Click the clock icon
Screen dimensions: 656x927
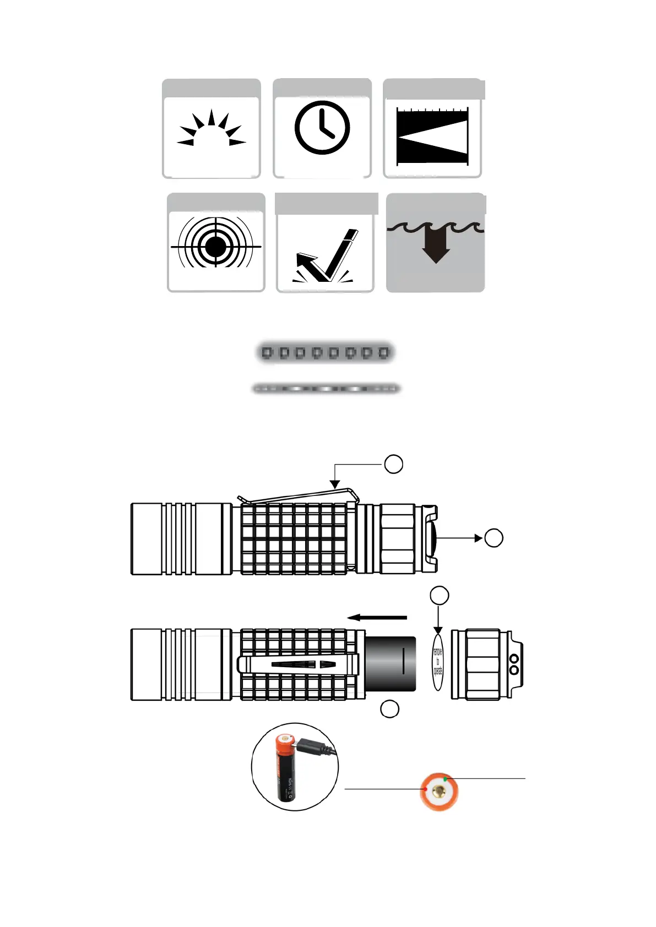click(322, 128)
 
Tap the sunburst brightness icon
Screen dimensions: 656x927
click(212, 130)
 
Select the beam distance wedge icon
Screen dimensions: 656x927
click(432, 136)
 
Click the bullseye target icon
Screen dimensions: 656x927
click(215, 246)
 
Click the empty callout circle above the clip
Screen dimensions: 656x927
click(393, 464)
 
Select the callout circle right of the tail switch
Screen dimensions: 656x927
click(494, 538)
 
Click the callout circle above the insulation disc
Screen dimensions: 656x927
click(439, 595)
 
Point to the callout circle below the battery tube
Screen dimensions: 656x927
click(389, 709)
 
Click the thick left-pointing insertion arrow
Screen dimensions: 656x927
click(377, 618)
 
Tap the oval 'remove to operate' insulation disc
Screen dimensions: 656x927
click(437, 661)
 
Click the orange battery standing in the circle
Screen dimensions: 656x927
click(286, 768)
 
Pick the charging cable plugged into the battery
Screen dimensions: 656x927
click(319, 747)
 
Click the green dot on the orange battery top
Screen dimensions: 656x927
click(445, 780)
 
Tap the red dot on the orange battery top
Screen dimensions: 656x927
click(426, 789)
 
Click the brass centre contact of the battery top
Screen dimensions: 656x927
click(439, 792)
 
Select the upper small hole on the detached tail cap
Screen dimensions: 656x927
click(514, 658)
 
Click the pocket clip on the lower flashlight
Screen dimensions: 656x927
click(297, 664)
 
